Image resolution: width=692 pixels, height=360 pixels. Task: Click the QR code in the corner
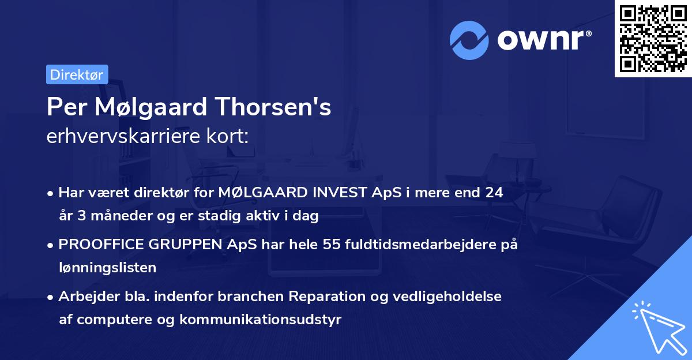[x=652, y=38]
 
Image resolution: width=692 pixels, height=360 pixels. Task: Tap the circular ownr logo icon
[x=469, y=40]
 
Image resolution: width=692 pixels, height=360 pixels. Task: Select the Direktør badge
[x=77, y=74]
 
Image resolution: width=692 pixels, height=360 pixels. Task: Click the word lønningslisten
[x=107, y=267]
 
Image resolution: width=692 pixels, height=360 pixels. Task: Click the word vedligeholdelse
[x=439, y=297]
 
